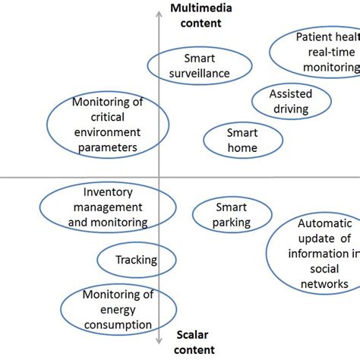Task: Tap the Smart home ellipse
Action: tap(242, 140)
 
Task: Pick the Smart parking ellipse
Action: tap(232, 215)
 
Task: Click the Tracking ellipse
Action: tap(135, 260)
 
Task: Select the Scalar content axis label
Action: tap(196, 342)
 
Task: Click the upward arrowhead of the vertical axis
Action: tap(158, 17)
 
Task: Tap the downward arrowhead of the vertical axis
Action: tap(158, 343)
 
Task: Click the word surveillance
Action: tap(200, 74)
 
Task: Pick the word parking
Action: tap(232, 223)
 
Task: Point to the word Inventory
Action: tap(109, 193)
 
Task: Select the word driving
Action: tap(291, 109)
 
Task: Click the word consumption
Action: tap(118, 325)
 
